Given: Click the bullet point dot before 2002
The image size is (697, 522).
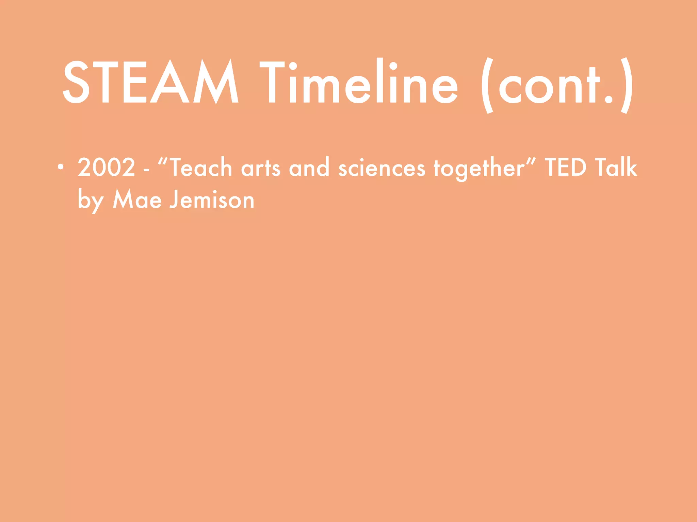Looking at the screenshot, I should point(61,167).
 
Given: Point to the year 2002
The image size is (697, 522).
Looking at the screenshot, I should point(106,168).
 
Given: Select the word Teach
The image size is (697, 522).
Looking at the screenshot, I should point(200,168).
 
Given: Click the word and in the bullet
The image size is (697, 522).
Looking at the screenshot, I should point(309,168).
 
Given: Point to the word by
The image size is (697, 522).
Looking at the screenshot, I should point(90,201).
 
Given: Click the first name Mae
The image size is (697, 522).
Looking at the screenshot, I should point(137,199).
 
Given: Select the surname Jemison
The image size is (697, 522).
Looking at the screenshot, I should point(212,199).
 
